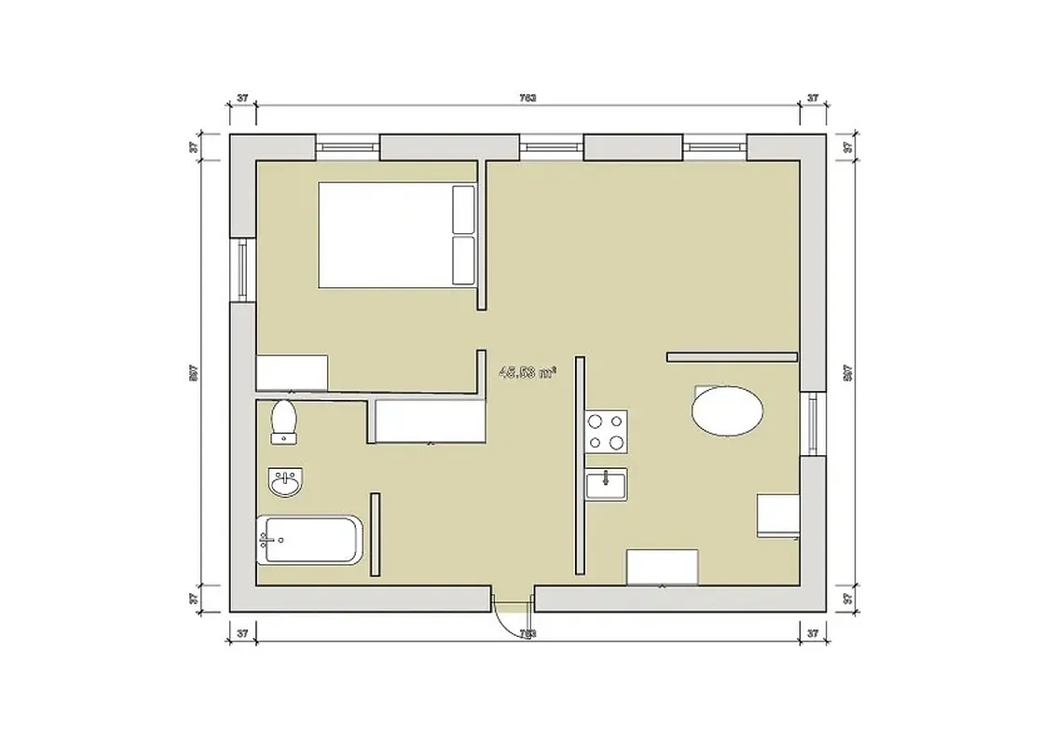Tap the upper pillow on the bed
coord(463,210)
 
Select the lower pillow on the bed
coord(463,260)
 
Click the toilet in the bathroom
coord(282,421)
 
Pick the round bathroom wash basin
coord(284,483)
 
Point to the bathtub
coord(308,540)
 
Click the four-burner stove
coord(606,432)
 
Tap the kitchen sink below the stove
coord(606,483)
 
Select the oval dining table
coord(727,410)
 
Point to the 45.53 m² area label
coord(527,372)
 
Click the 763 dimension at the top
coord(527,97)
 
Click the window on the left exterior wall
coord(243,269)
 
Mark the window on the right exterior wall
coord(813,423)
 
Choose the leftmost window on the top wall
coord(348,146)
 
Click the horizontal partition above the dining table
coord(733,356)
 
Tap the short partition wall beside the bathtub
coord(375,534)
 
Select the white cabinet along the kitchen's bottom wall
coord(662,567)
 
